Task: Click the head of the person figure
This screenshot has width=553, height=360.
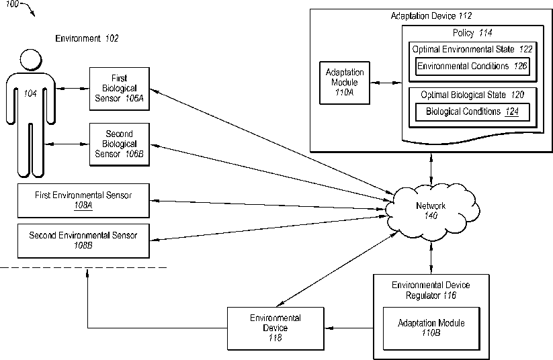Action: (x=31, y=60)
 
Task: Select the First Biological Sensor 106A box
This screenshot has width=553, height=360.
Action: (x=120, y=89)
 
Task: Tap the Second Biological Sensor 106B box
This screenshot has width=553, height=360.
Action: (x=120, y=144)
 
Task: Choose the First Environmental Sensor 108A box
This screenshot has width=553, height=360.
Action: (x=83, y=201)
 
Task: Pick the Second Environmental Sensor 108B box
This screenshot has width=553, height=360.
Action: (x=83, y=241)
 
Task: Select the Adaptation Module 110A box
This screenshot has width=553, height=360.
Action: (x=345, y=83)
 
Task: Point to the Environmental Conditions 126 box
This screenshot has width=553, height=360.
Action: (x=472, y=66)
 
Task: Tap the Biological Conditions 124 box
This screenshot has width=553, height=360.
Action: (x=472, y=112)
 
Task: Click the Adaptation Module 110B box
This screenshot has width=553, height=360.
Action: (x=431, y=328)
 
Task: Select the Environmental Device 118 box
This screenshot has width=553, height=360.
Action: (x=275, y=328)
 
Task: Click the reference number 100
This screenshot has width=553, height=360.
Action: (x=11, y=4)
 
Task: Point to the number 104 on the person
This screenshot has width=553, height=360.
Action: (x=30, y=93)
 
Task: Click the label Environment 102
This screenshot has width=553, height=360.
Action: (x=87, y=38)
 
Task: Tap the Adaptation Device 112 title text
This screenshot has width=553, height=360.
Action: (x=431, y=16)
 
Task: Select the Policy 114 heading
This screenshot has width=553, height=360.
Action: (x=472, y=33)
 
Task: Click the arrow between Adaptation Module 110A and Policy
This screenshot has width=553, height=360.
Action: (x=386, y=83)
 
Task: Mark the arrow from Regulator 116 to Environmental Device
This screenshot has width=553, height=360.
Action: (x=349, y=328)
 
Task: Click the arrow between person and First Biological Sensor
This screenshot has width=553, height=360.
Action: (x=73, y=89)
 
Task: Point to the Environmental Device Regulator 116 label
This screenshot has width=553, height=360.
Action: (x=431, y=290)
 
